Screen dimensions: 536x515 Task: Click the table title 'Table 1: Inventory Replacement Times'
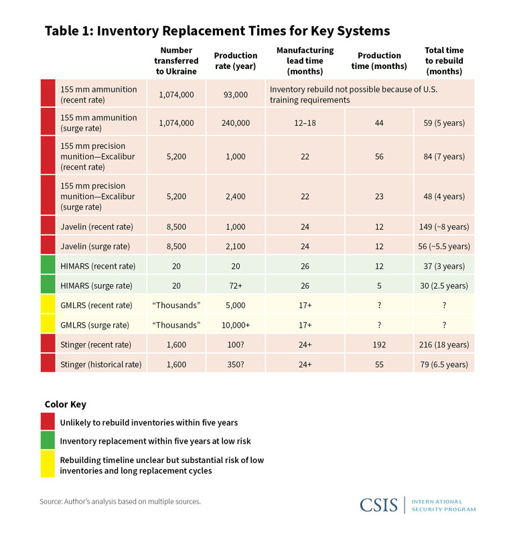pos(216,31)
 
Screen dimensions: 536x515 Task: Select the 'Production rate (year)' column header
pos(235,60)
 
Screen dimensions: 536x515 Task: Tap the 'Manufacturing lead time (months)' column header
pos(305,60)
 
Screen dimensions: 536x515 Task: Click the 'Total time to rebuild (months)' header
pos(444,60)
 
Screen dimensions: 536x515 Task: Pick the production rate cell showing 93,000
pos(235,94)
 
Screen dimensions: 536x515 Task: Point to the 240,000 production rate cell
pos(235,123)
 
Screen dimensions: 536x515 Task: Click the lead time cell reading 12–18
pos(305,123)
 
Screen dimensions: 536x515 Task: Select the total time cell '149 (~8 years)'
pos(444,226)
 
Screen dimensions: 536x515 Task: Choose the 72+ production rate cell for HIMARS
pos(235,286)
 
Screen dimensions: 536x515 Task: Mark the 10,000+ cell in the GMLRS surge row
pos(235,325)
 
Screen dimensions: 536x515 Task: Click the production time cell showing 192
pos(379,344)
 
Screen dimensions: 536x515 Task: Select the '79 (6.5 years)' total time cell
pos(444,364)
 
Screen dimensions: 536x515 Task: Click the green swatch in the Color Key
pos(48,441)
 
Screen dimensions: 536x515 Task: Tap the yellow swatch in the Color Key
pos(48,464)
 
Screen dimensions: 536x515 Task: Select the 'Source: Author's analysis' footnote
pos(120,501)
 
